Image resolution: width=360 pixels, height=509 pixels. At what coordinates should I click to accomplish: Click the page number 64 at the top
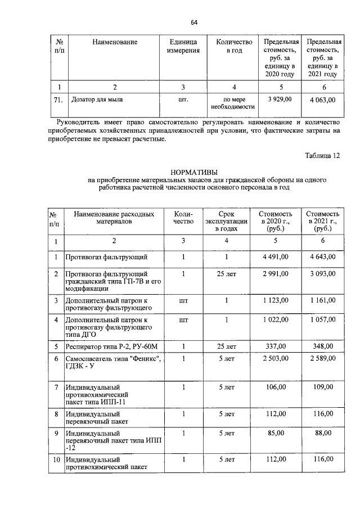(x=194, y=22)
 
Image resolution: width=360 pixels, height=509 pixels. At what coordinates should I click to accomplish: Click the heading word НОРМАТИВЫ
(x=193, y=172)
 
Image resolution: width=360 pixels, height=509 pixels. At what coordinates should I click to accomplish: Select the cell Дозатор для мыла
(x=96, y=100)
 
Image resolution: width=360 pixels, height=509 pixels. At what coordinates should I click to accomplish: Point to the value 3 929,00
(x=279, y=100)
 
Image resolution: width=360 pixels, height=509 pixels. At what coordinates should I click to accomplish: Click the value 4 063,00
(x=322, y=100)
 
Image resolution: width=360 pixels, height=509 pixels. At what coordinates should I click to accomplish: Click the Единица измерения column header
(x=183, y=46)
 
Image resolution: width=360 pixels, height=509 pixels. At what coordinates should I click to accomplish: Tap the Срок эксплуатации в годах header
(x=226, y=222)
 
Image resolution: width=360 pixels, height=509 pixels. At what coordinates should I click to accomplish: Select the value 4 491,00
(x=276, y=257)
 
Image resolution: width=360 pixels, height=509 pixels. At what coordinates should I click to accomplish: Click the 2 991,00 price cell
(x=276, y=273)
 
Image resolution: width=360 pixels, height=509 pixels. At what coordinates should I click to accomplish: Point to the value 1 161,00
(x=322, y=301)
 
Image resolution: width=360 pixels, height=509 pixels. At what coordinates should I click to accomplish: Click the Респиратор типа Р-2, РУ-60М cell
(x=105, y=346)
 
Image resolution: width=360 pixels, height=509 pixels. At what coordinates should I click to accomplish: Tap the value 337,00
(x=276, y=346)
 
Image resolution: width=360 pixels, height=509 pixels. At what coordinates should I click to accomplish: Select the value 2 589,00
(x=322, y=359)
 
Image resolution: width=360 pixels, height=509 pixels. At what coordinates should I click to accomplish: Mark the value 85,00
(x=276, y=434)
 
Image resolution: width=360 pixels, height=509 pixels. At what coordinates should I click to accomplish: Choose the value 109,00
(x=322, y=388)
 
